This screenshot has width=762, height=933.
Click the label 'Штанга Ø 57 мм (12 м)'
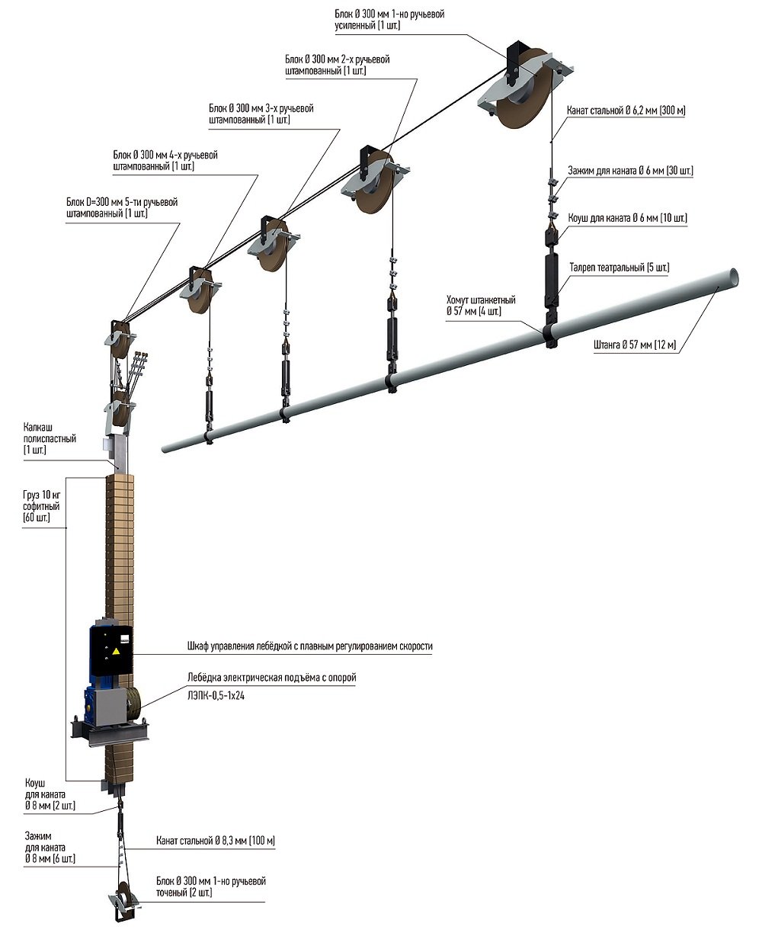[634, 345]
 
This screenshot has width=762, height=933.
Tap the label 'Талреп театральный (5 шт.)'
[619, 268]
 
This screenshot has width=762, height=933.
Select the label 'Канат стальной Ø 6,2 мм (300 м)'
[626, 111]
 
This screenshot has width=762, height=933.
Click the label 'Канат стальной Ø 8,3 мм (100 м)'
[215, 841]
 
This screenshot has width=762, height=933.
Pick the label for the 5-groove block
[122, 208]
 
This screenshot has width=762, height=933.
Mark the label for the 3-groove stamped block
[261, 114]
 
